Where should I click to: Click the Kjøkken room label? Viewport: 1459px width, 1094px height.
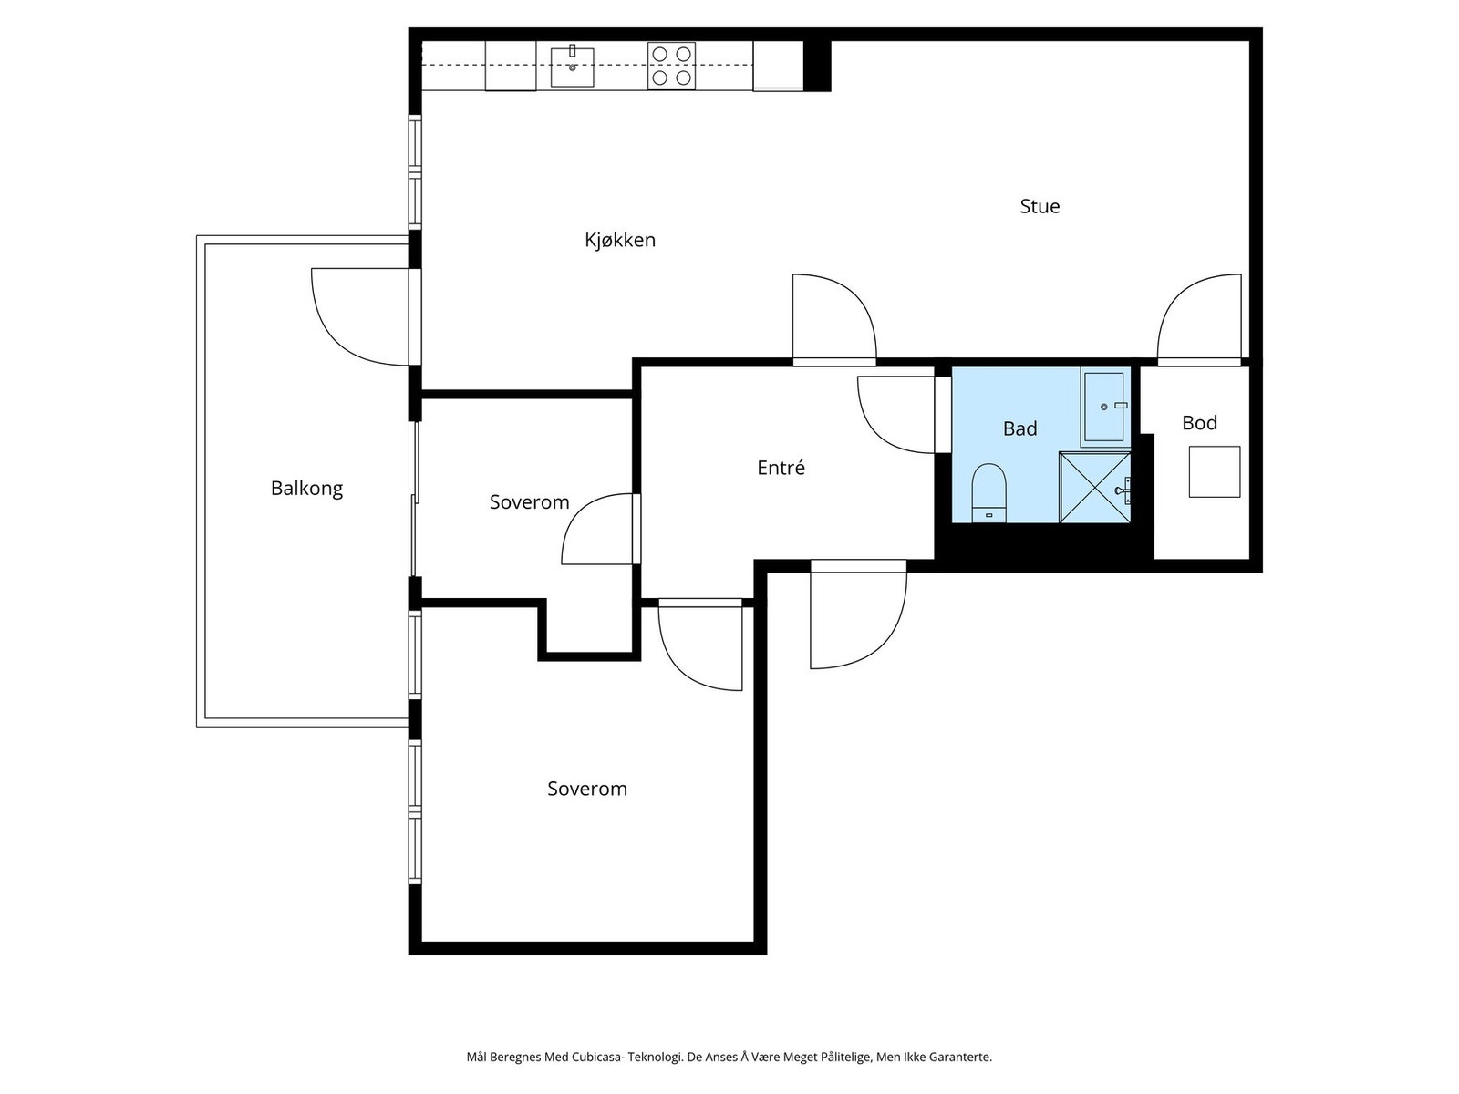point(619,240)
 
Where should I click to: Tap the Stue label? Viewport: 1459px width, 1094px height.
point(1040,207)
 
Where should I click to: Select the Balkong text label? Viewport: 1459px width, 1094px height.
point(306,489)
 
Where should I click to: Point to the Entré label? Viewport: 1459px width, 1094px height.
point(781,468)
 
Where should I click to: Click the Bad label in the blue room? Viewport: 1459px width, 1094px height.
point(1019,429)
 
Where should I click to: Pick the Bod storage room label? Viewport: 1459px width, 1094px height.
point(1199,423)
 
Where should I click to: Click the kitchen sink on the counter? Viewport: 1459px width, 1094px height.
point(572,67)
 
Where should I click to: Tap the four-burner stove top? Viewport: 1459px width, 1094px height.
point(671,66)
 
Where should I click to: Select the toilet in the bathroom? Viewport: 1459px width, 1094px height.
point(988,493)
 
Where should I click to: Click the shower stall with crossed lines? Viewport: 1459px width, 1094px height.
point(1095,488)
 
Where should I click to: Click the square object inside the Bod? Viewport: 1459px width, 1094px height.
point(1215,471)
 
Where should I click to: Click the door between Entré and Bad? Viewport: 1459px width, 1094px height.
point(896,415)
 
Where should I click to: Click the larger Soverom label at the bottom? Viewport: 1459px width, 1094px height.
point(587,790)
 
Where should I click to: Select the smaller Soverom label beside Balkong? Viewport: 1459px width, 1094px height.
point(529,502)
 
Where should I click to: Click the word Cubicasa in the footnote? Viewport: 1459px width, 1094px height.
point(595,1057)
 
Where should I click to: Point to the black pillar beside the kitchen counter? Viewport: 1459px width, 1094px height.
point(817,66)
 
